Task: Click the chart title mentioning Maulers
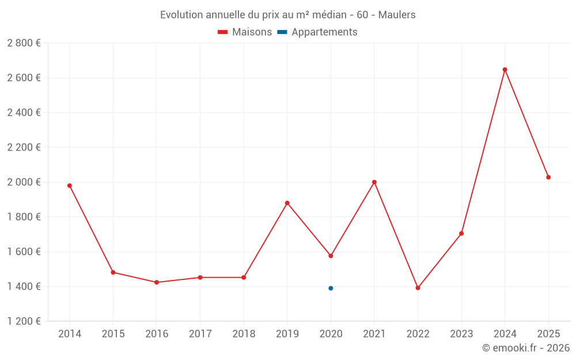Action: pos(287,14)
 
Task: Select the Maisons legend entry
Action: pos(245,32)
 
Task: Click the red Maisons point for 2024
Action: pos(505,70)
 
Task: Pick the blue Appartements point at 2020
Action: pos(331,288)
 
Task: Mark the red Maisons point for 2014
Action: pos(70,185)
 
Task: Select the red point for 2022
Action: pos(418,288)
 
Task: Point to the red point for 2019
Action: pos(287,203)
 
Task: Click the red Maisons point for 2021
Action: pos(374,182)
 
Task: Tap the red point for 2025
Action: pos(548,177)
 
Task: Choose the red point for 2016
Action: pos(157,282)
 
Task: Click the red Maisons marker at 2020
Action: pos(331,256)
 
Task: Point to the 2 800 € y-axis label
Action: pos(24,43)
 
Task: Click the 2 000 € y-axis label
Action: pos(24,182)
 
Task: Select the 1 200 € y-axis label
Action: pos(24,321)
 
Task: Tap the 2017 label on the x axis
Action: pos(200,334)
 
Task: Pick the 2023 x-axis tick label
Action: pos(461,334)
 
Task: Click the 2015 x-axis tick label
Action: pos(113,334)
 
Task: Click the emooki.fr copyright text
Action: pos(525,348)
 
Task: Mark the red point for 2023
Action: pos(461,233)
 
